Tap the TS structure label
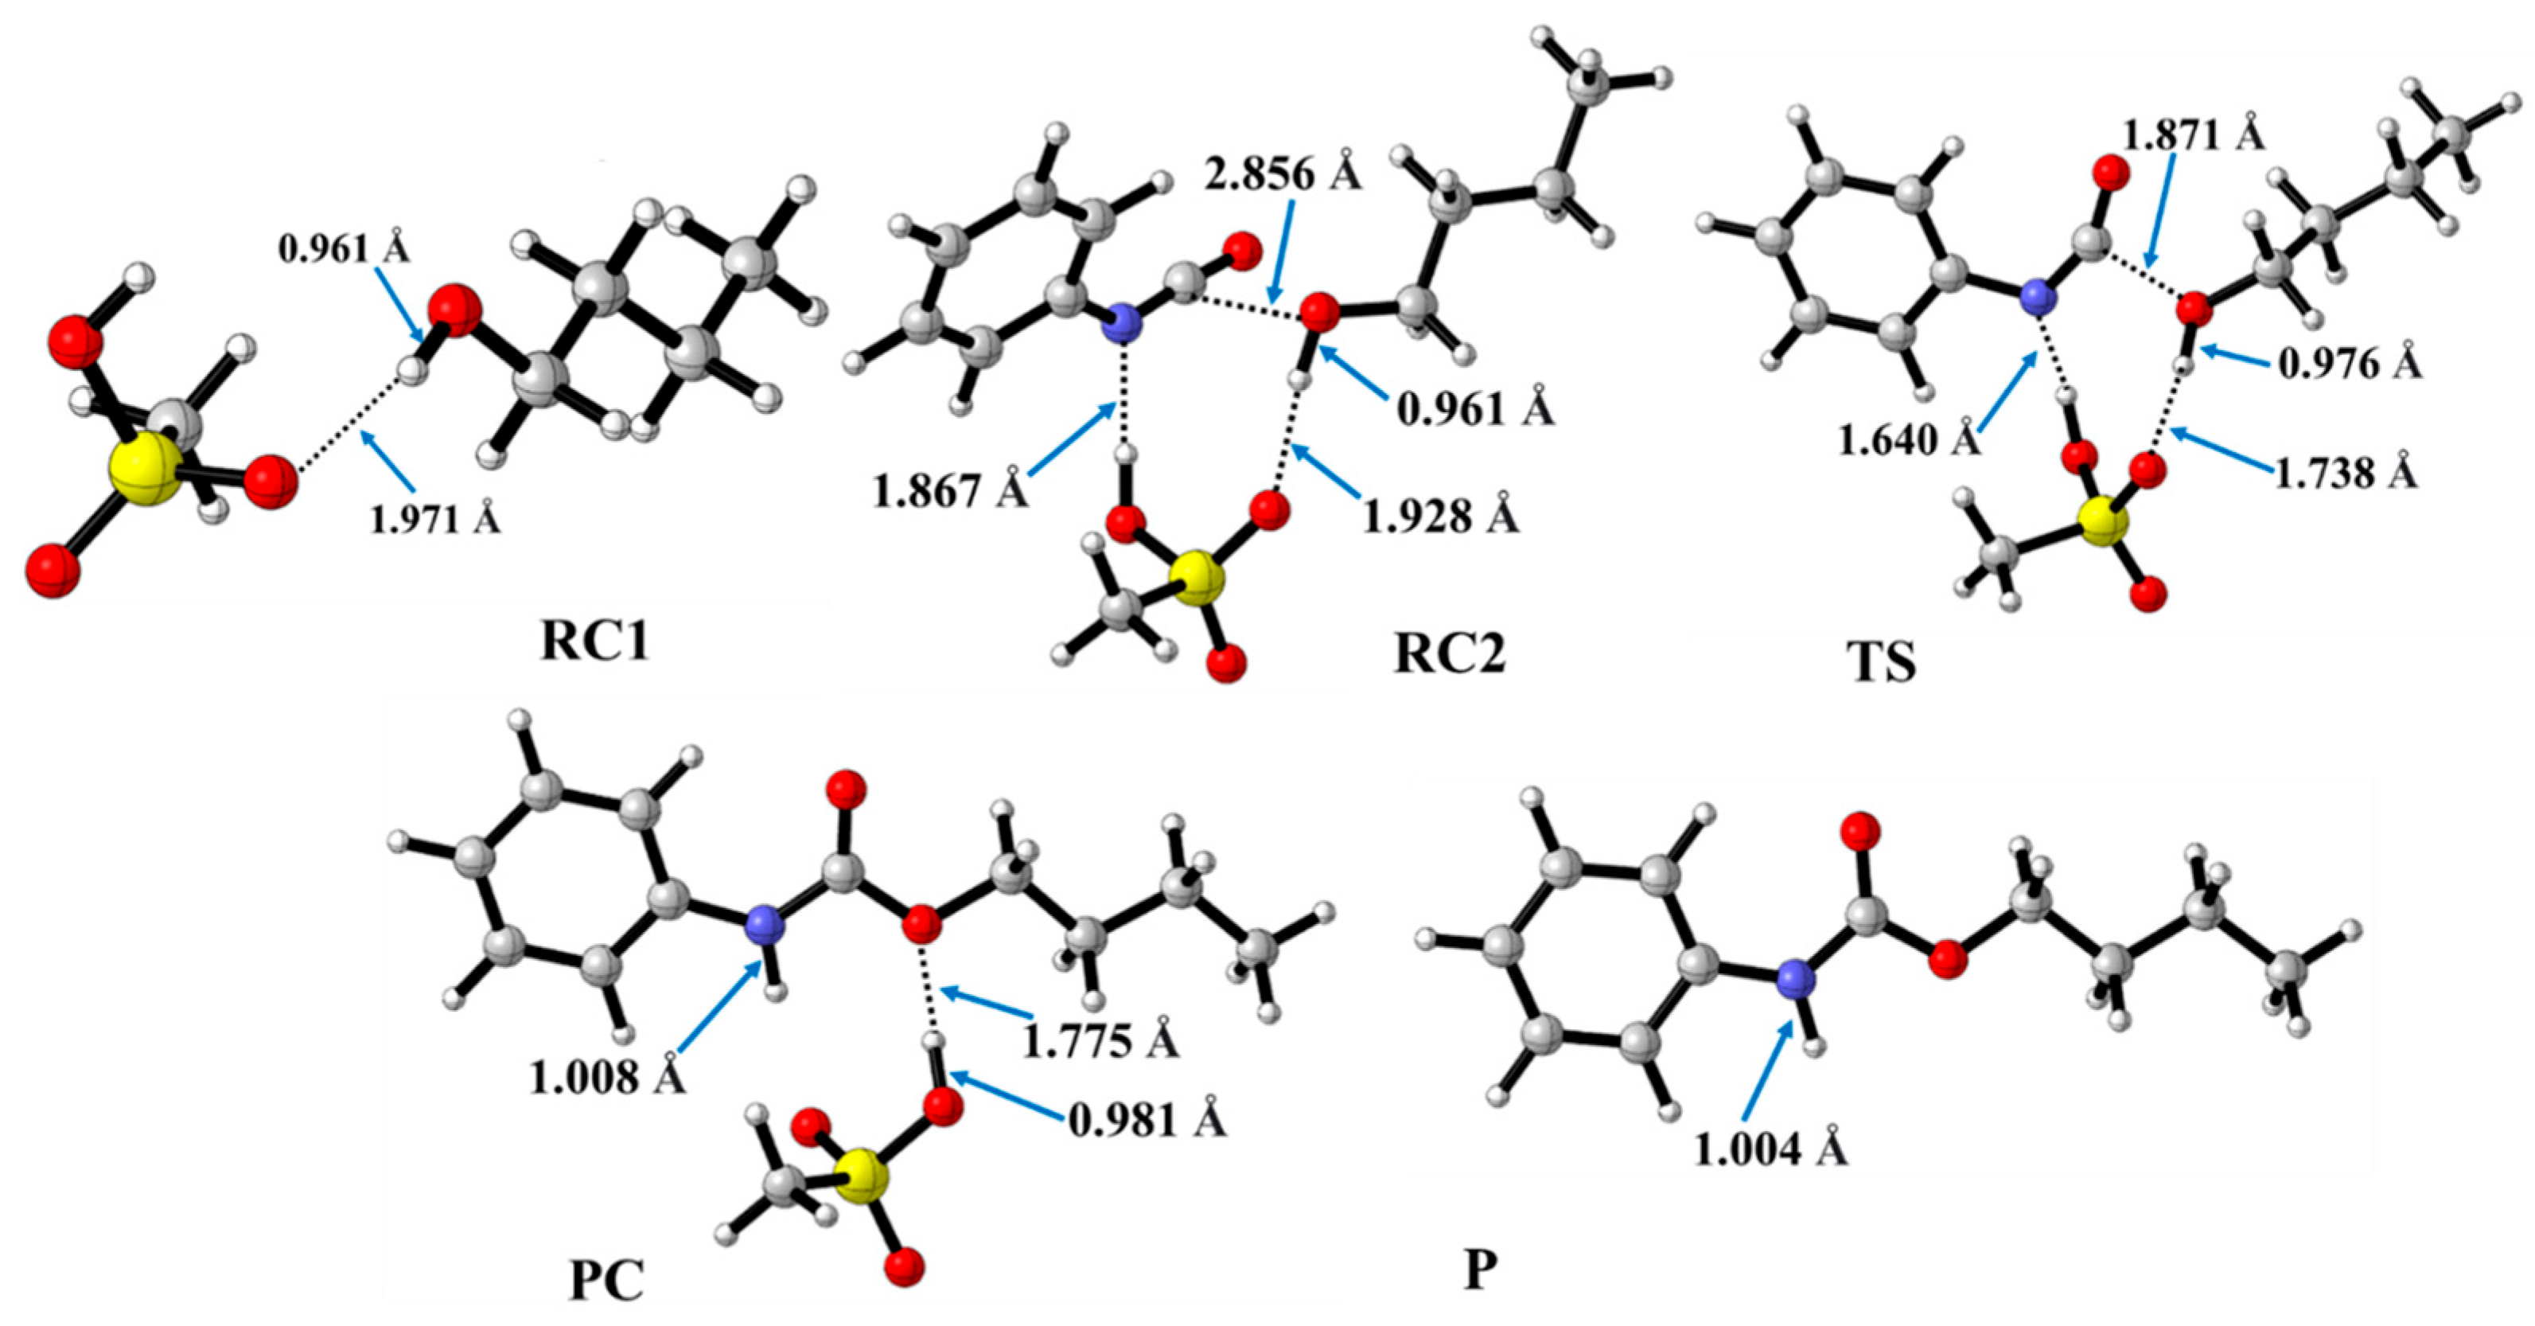tap(1881, 661)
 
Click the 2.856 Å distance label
tap(1283, 175)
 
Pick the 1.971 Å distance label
tap(435, 518)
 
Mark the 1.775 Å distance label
tap(1101, 1040)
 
